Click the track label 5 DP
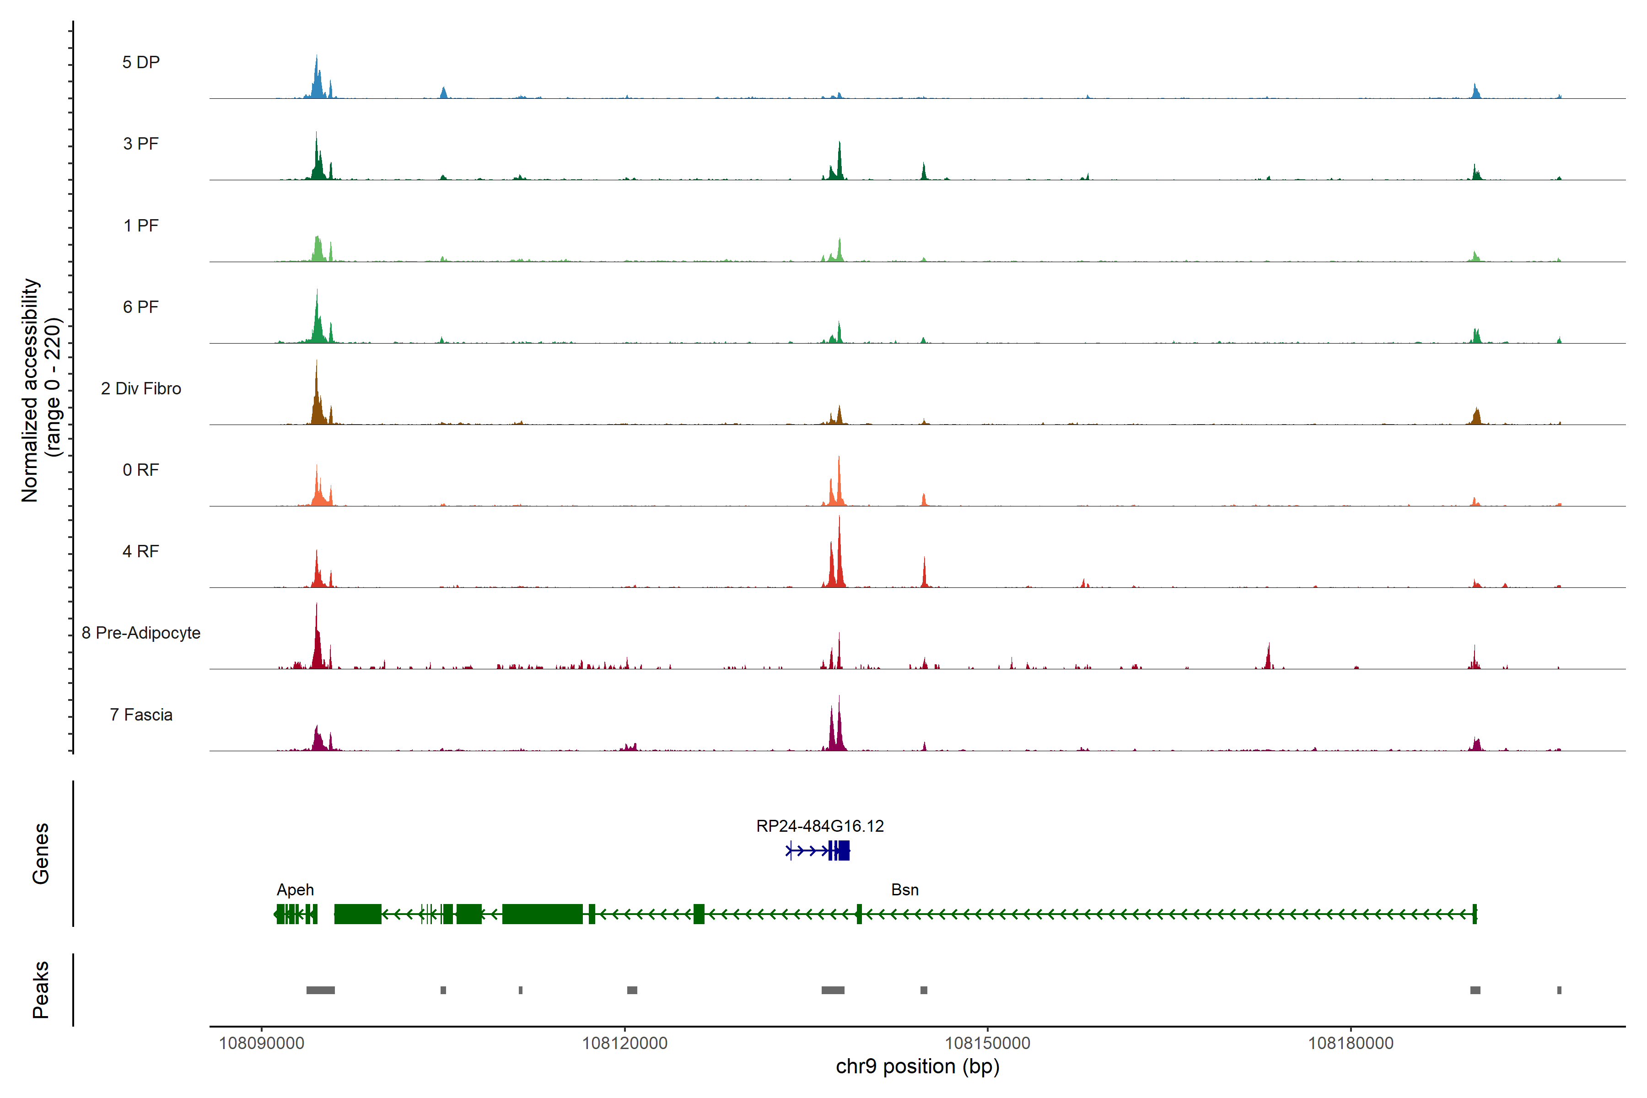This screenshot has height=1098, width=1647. pyautogui.click(x=141, y=62)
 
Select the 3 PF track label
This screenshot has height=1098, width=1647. pyautogui.click(x=141, y=144)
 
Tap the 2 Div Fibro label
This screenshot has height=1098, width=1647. pyautogui.click(x=141, y=388)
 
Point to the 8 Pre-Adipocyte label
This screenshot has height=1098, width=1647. pyautogui.click(x=141, y=633)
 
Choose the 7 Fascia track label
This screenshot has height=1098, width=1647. pyautogui.click(x=141, y=715)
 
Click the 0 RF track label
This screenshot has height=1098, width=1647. pyautogui.click(x=141, y=470)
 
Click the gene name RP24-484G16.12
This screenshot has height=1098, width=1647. pyautogui.click(x=819, y=826)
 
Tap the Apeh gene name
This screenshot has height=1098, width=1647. pyautogui.click(x=295, y=890)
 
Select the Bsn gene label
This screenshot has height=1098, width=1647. pyautogui.click(x=904, y=890)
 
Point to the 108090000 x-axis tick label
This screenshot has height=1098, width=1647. pyautogui.click(x=261, y=1044)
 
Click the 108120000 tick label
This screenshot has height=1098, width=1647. pyautogui.click(x=624, y=1044)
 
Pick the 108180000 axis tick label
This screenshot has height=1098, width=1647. pyautogui.click(x=1350, y=1044)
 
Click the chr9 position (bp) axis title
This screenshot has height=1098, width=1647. pyautogui.click(x=917, y=1066)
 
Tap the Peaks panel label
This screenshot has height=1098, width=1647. pyautogui.click(x=41, y=990)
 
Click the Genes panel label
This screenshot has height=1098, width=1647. pyautogui.click(x=41, y=854)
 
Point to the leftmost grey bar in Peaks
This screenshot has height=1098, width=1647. pyautogui.click(x=320, y=990)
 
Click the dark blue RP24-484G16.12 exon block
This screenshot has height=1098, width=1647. pyautogui.click(x=842, y=851)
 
